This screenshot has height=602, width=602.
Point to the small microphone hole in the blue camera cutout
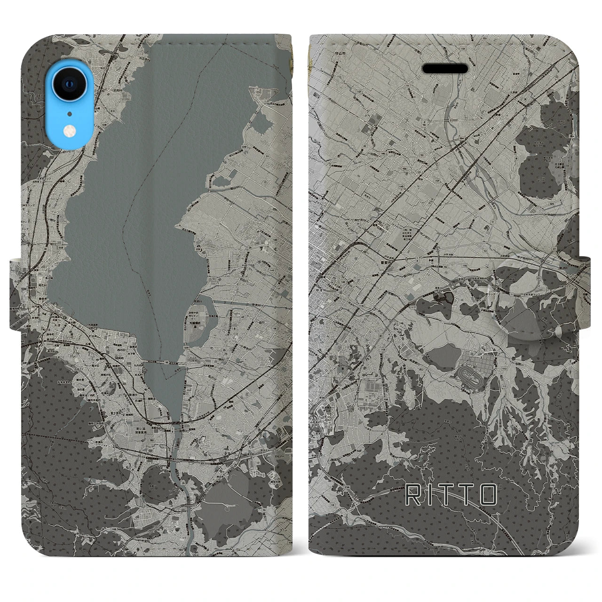70,113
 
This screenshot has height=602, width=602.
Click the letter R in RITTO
411,494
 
